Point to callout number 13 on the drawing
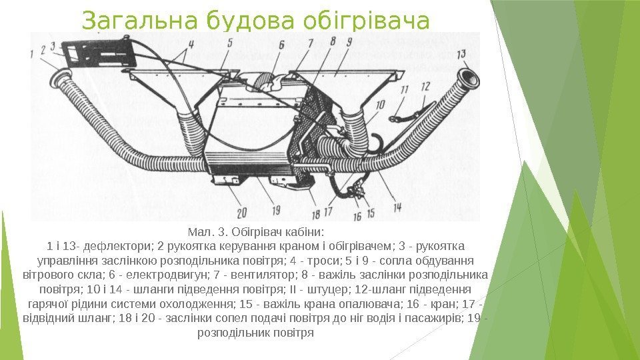pyautogui.click(x=461, y=54)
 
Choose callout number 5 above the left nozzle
pyautogui.click(x=230, y=44)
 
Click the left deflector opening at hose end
pyautogui.click(x=65, y=78)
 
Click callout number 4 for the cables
pyautogui.click(x=191, y=45)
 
